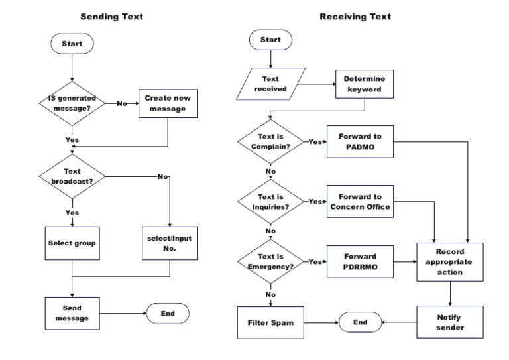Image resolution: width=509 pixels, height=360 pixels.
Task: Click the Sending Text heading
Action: click(x=111, y=17)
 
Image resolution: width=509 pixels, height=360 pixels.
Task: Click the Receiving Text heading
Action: click(x=355, y=17)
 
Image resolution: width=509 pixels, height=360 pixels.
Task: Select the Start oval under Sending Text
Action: click(x=72, y=44)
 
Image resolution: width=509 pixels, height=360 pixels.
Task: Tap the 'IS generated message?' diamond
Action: click(x=72, y=103)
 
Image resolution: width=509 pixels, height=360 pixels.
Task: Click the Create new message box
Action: click(x=168, y=103)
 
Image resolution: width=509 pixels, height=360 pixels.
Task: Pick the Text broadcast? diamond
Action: click(x=72, y=176)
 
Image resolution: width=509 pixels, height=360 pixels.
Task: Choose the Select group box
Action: click(x=72, y=243)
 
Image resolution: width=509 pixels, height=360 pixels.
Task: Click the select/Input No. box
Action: click(x=170, y=243)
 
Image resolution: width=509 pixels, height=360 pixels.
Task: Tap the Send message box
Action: click(x=72, y=313)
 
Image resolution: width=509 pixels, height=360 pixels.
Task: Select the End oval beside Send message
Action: click(x=168, y=313)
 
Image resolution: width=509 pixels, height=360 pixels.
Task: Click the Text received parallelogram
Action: click(x=270, y=84)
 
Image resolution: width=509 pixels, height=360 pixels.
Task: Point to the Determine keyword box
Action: click(x=365, y=84)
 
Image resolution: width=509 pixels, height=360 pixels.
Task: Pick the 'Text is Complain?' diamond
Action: click(x=270, y=141)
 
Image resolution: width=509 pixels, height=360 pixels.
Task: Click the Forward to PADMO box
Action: click(x=360, y=141)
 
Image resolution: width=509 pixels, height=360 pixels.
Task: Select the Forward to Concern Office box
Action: click(x=360, y=202)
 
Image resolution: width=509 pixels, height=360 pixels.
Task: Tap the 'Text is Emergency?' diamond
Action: click(x=270, y=261)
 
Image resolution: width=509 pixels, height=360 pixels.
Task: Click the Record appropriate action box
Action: click(x=450, y=262)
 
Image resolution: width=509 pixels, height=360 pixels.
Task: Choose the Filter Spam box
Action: click(x=270, y=323)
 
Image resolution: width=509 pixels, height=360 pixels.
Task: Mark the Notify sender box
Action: click(x=450, y=322)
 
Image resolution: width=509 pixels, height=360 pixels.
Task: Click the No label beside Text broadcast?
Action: click(x=162, y=176)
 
